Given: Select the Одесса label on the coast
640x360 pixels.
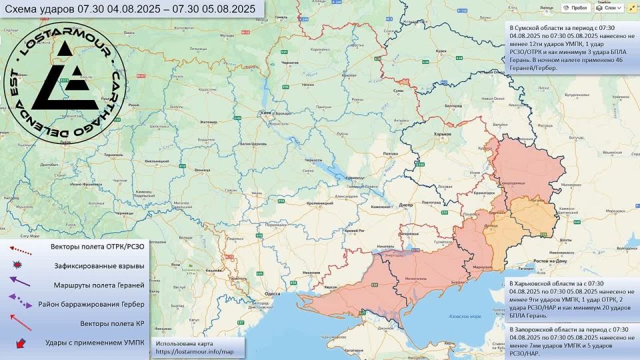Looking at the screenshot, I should click(271, 293).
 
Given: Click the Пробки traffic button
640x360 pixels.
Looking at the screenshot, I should click(575, 8).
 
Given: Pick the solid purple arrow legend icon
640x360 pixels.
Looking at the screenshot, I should click(20, 283).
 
